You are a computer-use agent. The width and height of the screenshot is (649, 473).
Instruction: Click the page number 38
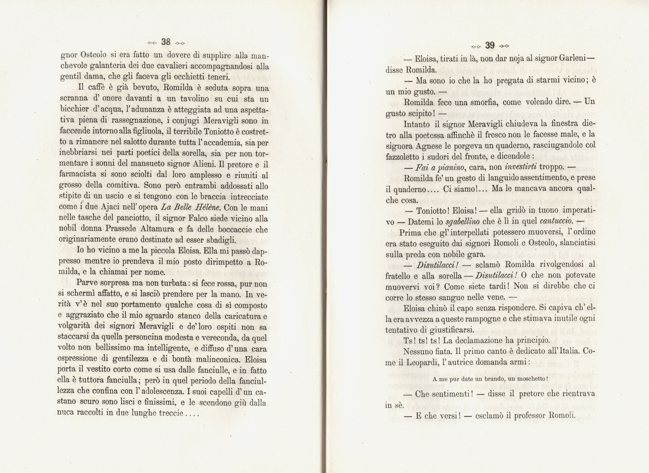point(166,42)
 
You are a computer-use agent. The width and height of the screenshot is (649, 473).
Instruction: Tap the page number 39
point(490,45)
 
